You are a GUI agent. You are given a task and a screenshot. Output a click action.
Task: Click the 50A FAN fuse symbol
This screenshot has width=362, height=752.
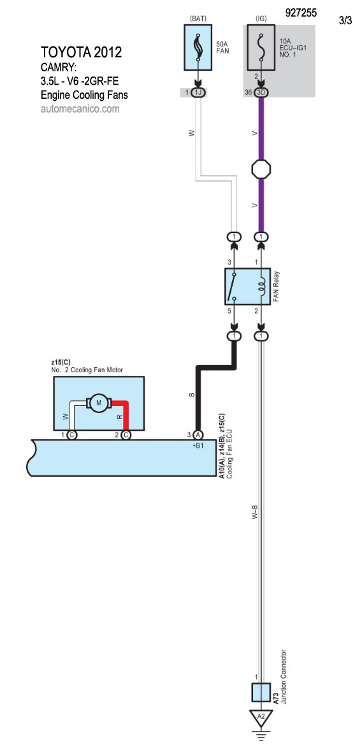[x=198, y=48]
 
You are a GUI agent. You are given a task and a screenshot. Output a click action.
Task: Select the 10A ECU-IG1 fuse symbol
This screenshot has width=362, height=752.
[x=261, y=48]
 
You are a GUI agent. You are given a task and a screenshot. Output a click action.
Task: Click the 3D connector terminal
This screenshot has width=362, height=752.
[x=261, y=92]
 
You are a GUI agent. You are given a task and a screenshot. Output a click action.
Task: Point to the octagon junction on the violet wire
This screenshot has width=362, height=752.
[x=261, y=169]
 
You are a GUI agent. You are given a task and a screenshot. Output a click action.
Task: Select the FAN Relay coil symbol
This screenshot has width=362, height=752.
[x=261, y=286]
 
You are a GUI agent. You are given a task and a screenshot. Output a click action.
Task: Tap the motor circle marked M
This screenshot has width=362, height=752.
[x=99, y=403]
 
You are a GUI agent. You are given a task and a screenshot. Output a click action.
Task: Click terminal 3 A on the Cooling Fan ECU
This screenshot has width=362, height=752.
[x=198, y=435]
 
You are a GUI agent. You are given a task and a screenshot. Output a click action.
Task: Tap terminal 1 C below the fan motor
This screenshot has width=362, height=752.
[x=71, y=435]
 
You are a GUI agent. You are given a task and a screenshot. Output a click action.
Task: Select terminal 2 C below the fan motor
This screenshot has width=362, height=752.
[x=126, y=435]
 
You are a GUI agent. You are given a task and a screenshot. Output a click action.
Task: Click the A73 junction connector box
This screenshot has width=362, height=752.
[x=261, y=693]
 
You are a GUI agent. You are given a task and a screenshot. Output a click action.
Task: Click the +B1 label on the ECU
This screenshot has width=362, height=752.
[x=198, y=445]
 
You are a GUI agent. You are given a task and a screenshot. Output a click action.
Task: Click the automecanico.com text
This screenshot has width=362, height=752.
[x=80, y=110]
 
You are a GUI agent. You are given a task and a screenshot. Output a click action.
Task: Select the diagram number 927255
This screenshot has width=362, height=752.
[x=301, y=13]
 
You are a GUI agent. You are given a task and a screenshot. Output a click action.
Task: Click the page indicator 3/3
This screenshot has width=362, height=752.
[x=345, y=21]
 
